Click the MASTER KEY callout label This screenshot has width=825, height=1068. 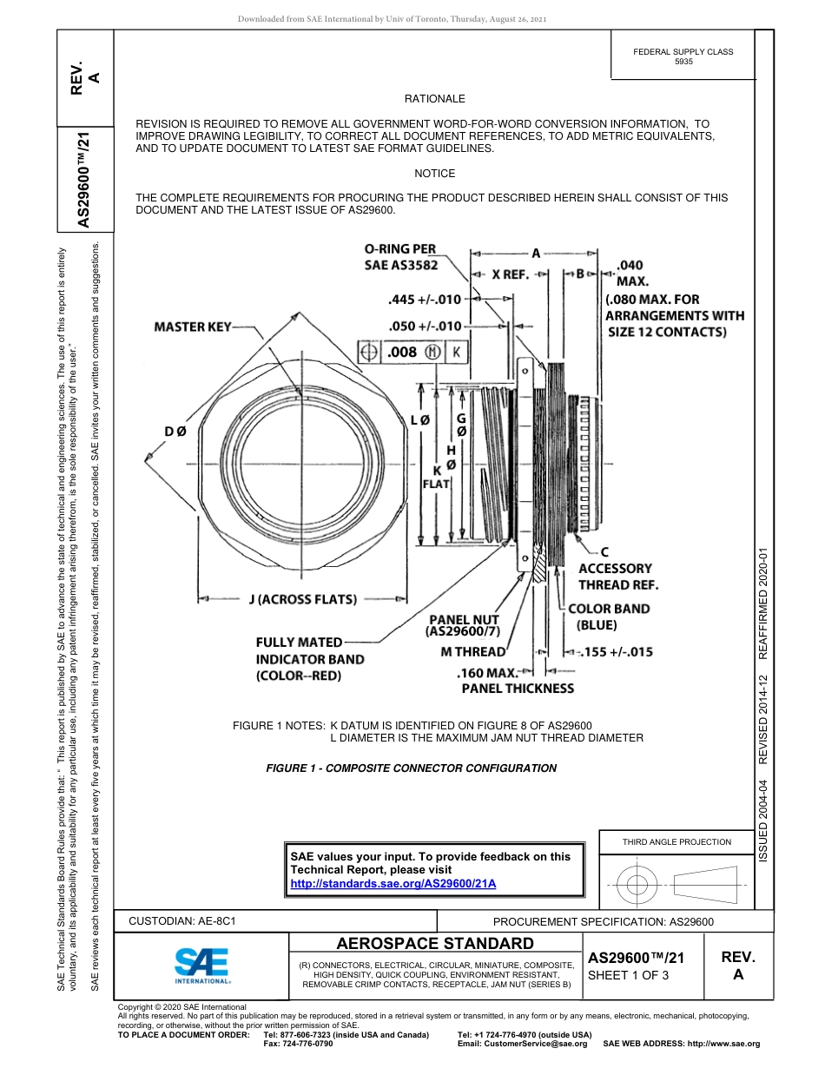193,326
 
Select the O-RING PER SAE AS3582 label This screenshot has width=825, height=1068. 400,257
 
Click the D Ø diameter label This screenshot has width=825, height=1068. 175,432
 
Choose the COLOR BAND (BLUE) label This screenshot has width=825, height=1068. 608,616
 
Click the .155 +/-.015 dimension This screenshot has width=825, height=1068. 610,652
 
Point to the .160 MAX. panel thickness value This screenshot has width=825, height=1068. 486,672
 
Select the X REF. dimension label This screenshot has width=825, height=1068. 511,274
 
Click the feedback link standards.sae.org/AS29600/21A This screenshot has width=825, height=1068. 393,883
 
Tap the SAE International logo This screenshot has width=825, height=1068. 201,964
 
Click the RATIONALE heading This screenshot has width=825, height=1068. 434,99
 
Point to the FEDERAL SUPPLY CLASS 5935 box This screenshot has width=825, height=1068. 683,56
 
